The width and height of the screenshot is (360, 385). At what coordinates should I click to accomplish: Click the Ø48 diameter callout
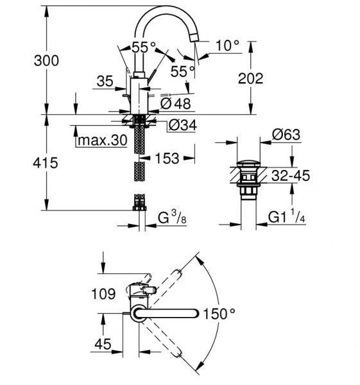pyautogui.click(x=173, y=103)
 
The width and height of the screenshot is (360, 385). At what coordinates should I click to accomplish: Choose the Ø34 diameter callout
pyautogui.click(x=182, y=125)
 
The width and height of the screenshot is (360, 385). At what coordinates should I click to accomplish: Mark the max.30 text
pyautogui.click(x=101, y=140)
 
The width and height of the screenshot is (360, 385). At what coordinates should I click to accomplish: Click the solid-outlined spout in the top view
pyautogui.click(x=167, y=313)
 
